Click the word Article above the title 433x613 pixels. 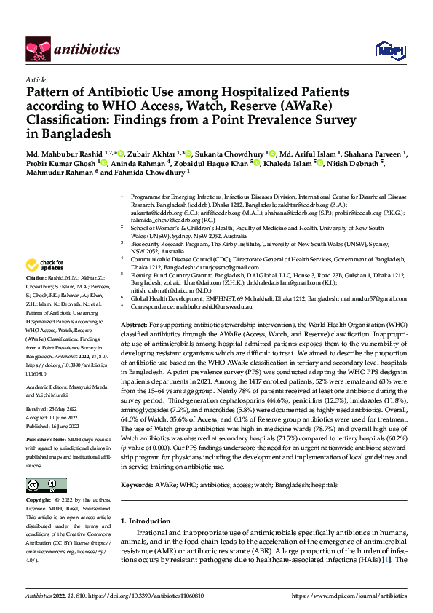pos(35,79)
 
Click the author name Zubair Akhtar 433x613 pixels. pos(154,154)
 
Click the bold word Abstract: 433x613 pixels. pos(135,324)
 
